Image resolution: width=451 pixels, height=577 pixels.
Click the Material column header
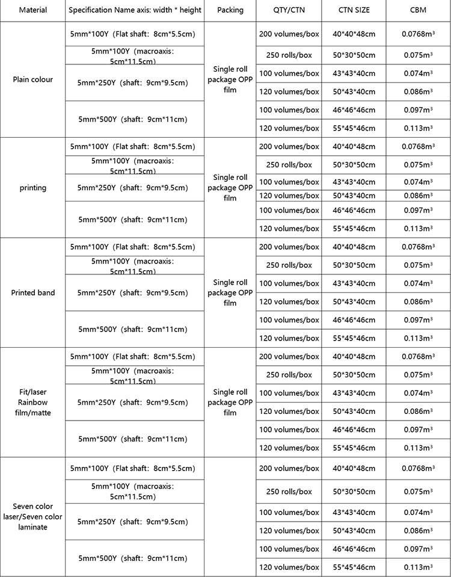pos(32,11)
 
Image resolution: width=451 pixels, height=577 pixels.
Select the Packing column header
pos(230,11)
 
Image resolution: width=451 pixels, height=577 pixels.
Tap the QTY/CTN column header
pos(289,11)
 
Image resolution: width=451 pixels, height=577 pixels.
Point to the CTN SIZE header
pos(354,11)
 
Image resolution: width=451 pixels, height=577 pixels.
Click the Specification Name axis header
pos(135,11)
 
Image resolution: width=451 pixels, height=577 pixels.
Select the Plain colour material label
pos(32,79)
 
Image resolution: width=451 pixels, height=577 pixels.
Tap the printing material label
pos(32,188)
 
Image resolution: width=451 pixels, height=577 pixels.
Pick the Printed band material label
pos(32,293)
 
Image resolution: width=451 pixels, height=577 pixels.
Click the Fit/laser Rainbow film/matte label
pos(32,402)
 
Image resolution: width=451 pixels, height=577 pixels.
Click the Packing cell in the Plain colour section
pos(230,79)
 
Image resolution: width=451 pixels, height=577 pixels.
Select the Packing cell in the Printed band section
pos(230,292)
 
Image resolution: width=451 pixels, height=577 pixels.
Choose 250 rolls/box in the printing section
pos(289,165)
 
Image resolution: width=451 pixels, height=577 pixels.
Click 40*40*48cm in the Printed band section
pos(354,247)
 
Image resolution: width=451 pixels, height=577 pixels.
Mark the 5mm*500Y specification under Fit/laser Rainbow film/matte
pos(133,439)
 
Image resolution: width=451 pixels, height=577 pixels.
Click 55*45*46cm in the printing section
pos(354,229)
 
